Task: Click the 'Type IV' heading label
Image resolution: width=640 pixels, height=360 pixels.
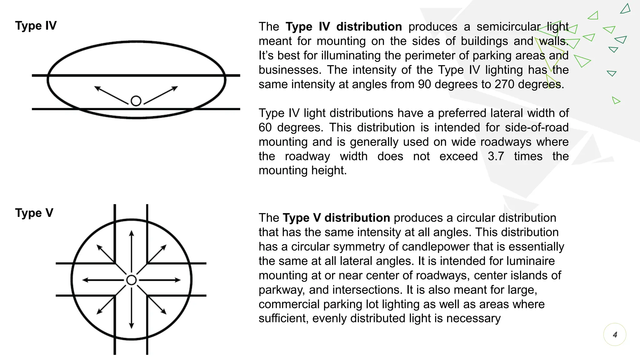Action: pyautogui.click(x=36, y=26)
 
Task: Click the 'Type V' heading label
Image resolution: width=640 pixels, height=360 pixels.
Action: pyautogui.click(x=34, y=213)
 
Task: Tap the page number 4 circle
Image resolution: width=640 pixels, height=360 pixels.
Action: pyautogui.click(x=615, y=335)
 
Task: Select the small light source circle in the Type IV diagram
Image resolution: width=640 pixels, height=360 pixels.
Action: pyautogui.click(x=136, y=101)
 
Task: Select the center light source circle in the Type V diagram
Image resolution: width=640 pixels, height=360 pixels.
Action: pyautogui.click(x=132, y=280)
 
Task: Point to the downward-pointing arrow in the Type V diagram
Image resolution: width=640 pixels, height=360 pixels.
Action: pyautogui.click(x=132, y=308)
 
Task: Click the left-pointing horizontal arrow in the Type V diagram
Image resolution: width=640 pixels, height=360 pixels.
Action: pyautogui.click(x=103, y=280)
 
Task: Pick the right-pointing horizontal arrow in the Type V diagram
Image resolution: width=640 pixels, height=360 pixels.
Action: pyautogui.click(x=160, y=280)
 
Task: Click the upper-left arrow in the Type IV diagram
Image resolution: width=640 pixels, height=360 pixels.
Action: pyautogui.click(x=111, y=95)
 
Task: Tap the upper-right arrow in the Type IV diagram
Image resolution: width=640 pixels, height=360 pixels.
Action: pyautogui.click(x=161, y=95)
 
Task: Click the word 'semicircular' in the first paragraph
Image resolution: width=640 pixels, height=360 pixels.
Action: pyautogui.click(x=508, y=27)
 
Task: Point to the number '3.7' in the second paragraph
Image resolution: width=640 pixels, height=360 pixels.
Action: pyautogui.click(x=496, y=156)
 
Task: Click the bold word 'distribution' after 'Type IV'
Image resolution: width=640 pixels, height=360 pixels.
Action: pyautogui.click(x=369, y=27)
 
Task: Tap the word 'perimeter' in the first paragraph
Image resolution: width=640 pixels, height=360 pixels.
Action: pyautogui.click(x=432, y=56)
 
